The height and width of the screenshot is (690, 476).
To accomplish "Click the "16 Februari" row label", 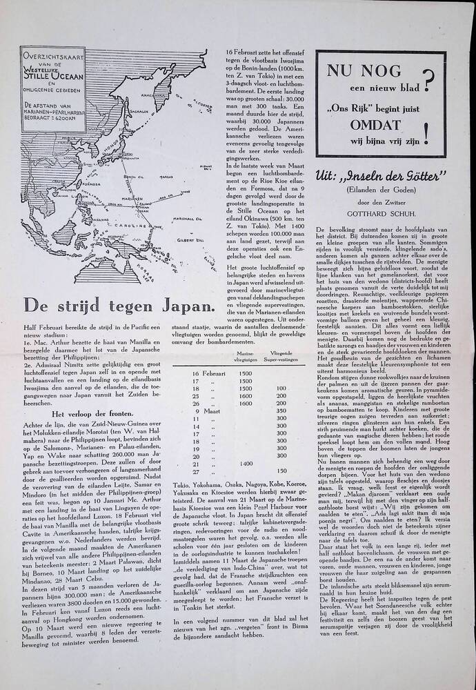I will [208, 374].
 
